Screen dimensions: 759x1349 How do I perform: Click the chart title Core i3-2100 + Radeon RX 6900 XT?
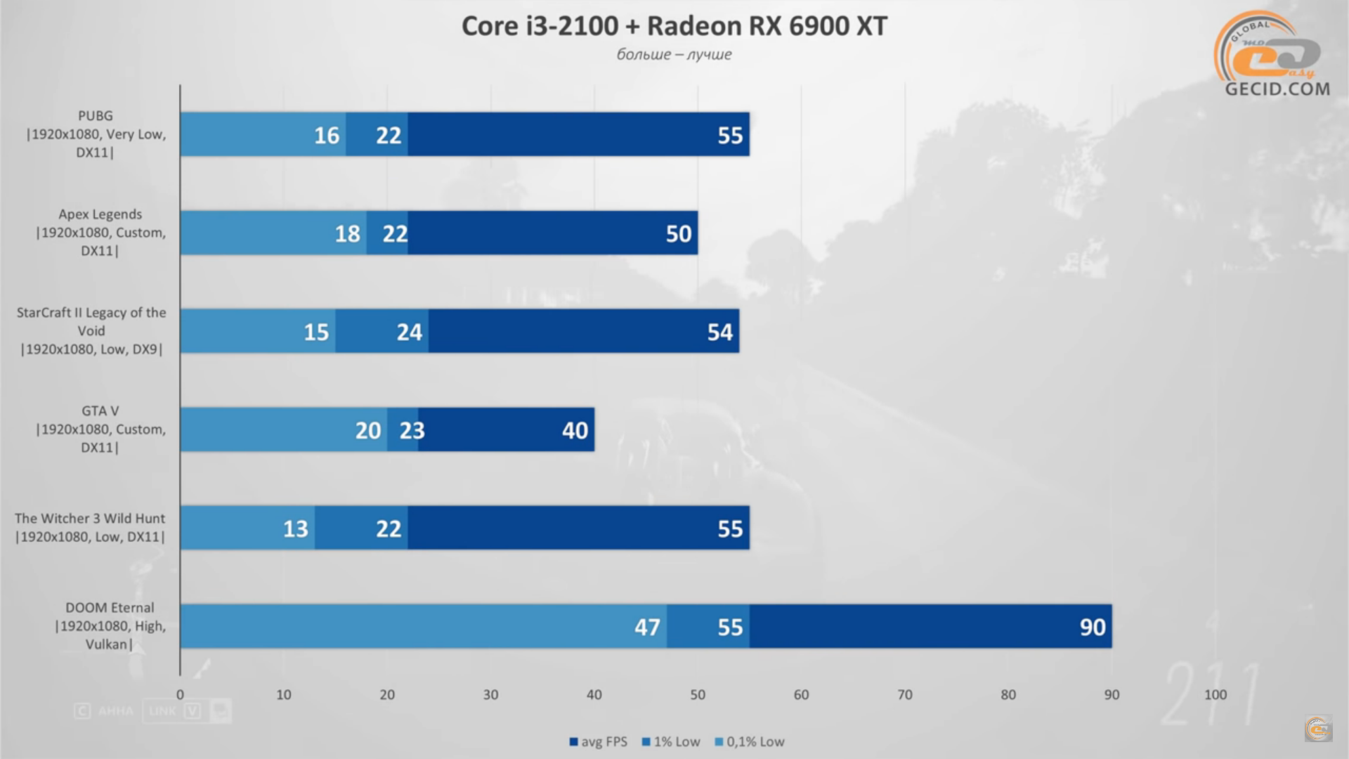[x=674, y=26]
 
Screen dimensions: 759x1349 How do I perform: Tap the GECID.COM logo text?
[x=1277, y=89]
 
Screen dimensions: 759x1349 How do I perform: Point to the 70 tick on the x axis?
[x=904, y=694]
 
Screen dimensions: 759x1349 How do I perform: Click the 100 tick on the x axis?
[x=1215, y=694]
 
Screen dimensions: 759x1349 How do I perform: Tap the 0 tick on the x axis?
[x=180, y=694]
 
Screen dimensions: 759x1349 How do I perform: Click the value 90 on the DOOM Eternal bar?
[x=1093, y=627]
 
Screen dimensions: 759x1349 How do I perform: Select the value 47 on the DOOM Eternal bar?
[x=647, y=627]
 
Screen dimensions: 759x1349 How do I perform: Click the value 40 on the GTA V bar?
[x=575, y=430]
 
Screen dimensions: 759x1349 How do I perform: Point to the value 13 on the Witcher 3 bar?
[x=295, y=528]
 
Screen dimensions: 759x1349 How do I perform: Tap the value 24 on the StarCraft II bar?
[x=409, y=332]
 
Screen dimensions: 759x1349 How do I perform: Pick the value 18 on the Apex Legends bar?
[x=347, y=233]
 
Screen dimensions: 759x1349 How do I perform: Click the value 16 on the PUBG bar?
[x=326, y=135]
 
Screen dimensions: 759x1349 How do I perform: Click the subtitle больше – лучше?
[x=674, y=54]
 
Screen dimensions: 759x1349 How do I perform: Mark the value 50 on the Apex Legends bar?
[x=678, y=233]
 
